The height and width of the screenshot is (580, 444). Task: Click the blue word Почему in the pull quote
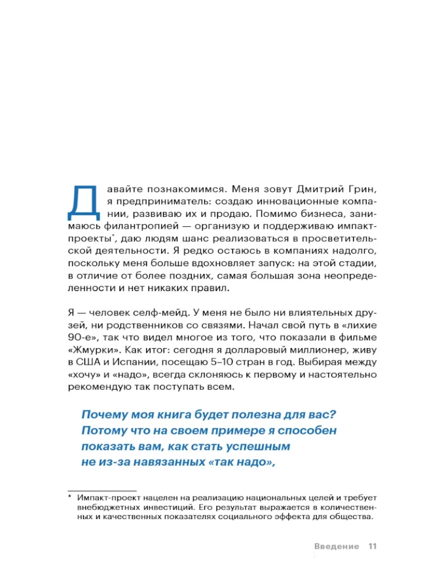pyautogui.click(x=108, y=415)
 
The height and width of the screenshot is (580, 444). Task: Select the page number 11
pyautogui.click(x=372, y=546)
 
